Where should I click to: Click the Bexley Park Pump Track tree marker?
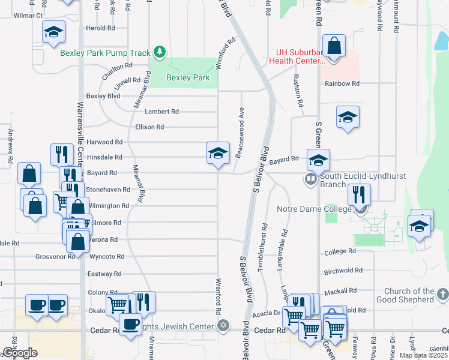(x=159, y=53)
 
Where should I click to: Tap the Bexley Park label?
(x=188, y=78)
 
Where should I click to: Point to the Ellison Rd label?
(x=149, y=127)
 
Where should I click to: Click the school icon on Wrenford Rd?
(x=218, y=154)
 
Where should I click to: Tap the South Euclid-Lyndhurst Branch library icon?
(x=311, y=178)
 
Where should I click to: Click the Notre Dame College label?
(x=313, y=209)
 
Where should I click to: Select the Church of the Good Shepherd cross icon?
(x=442, y=294)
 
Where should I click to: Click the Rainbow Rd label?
(x=342, y=84)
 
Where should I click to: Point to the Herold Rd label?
(x=100, y=28)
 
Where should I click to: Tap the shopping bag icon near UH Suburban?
(x=334, y=46)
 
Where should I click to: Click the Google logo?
(x=20, y=353)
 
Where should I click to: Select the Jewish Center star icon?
(x=223, y=326)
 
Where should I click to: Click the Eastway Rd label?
(x=105, y=274)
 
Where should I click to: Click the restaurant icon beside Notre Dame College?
(x=359, y=194)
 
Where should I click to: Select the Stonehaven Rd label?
(x=108, y=190)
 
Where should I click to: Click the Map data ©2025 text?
(x=423, y=356)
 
